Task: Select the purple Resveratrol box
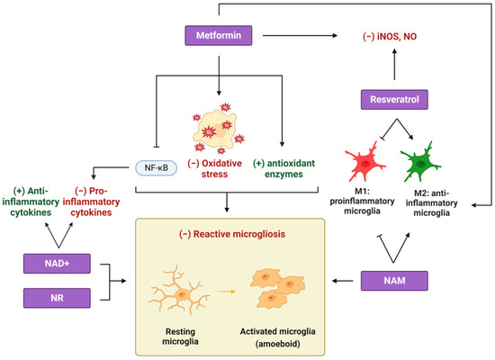pos(391,98)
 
